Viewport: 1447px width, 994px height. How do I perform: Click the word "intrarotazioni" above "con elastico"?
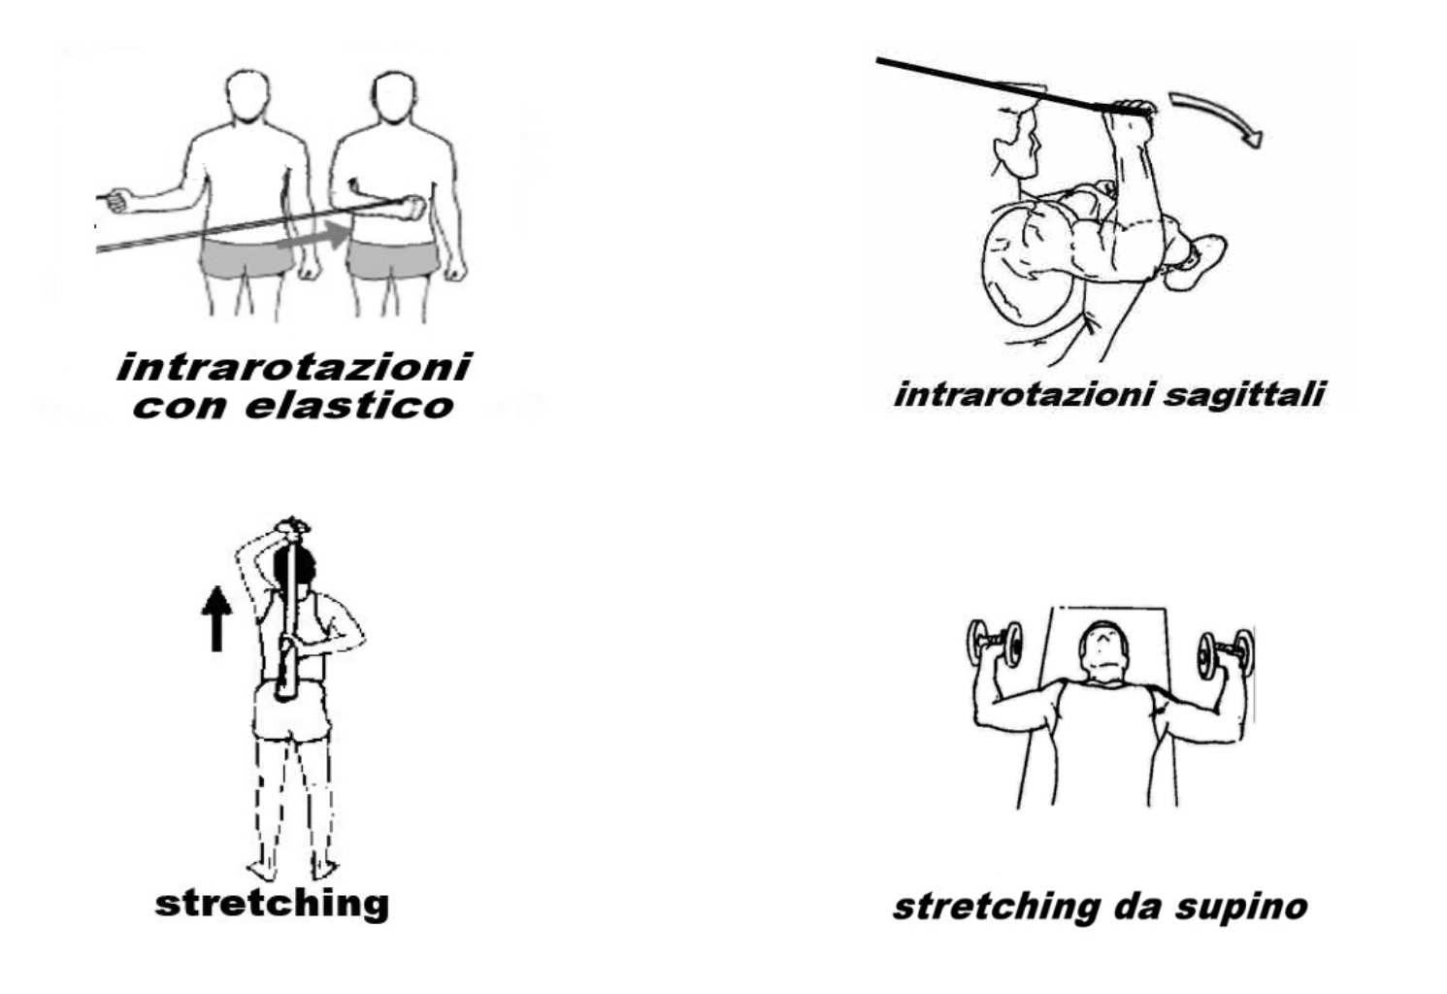(x=294, y=367)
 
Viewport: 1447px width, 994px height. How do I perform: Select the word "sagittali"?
(x=1243, y=394)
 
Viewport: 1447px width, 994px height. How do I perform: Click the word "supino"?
(x=1241, y=907)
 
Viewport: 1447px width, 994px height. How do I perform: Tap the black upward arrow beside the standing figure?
(x=216, y=618)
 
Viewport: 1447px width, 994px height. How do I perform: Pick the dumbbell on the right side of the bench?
(x=1226, y=653)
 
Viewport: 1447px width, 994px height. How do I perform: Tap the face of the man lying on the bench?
(x=1103, y=653)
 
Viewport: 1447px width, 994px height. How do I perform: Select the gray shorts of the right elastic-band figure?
(x=391, y=260)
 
